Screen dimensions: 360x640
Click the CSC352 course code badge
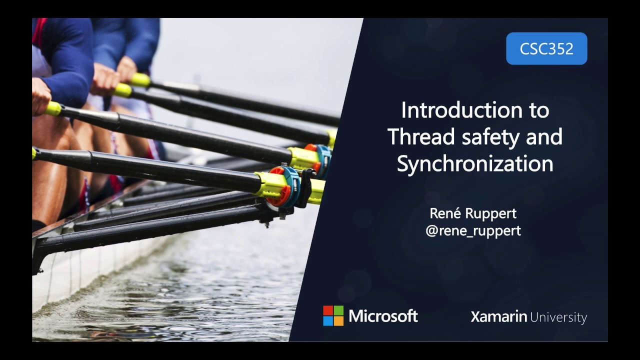click(546, 48)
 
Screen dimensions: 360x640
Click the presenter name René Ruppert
click(473, 213)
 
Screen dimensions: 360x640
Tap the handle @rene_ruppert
click(473, 230)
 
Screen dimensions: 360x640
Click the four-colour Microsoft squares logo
click(333, 316)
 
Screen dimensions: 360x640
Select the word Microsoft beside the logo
click(383, 316)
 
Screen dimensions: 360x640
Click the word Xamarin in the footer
click(498, 316)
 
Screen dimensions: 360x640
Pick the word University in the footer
click(558, 317)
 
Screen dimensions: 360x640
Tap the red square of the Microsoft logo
click(328, 310)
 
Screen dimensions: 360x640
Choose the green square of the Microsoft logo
click(339, 310)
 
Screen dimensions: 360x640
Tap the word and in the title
click(544, 137)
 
